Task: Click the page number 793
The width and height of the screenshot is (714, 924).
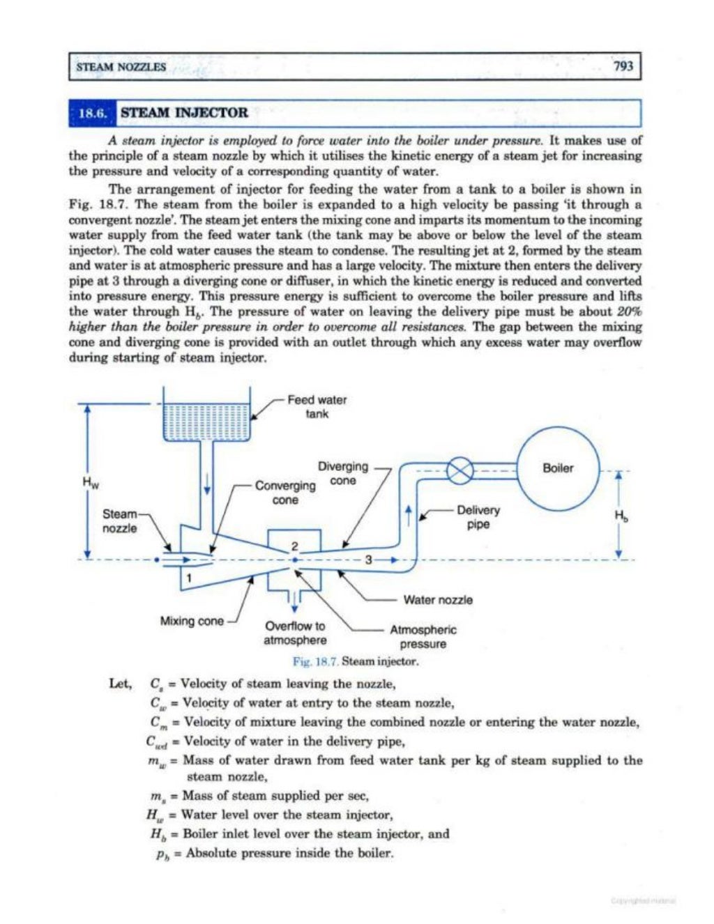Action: point(623,67)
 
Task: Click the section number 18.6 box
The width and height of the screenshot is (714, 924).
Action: point(94,113)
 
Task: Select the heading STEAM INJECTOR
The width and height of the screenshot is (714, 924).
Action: point(184,113)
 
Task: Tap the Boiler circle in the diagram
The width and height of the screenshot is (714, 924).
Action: point(558,468)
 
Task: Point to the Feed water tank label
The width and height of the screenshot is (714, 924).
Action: point(317,407)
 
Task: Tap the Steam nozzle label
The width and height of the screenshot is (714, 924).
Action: point(120,521)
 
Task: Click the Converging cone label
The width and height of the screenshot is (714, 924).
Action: point(285,493)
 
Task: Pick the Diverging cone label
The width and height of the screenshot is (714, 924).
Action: point(343,474)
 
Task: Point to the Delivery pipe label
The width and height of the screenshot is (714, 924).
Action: point(478,517)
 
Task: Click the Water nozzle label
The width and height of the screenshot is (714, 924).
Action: point(438,600)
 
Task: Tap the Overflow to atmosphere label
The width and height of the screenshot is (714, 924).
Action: point(295,633)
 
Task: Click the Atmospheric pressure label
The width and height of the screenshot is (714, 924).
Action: point(423,636)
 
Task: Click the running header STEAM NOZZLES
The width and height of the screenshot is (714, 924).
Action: point(121,67)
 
